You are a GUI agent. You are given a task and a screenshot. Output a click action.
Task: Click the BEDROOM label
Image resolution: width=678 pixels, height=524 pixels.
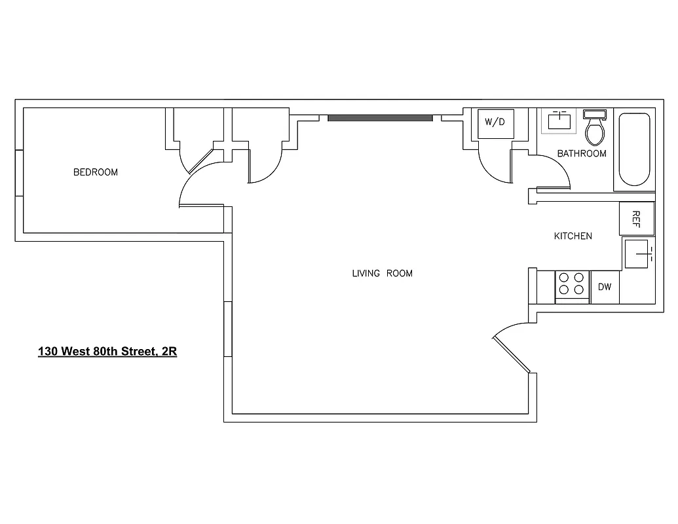pos(96,172)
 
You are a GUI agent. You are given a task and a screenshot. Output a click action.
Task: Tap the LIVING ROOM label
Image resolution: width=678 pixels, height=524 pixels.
pos(383,273)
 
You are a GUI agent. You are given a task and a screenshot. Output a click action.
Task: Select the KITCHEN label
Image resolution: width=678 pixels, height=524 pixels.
pos(573,236)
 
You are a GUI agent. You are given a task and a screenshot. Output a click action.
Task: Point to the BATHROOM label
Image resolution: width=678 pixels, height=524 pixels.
pos(582,153)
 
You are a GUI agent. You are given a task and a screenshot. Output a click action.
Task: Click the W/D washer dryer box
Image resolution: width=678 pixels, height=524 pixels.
pos(495,122)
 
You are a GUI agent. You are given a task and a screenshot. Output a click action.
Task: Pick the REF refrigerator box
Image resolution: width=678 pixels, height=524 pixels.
pos(635,219)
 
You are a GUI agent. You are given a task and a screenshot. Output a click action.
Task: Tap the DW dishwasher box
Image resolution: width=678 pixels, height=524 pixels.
pos(605,287)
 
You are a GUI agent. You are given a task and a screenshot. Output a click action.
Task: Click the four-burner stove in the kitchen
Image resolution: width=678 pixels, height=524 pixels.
pos(571,286)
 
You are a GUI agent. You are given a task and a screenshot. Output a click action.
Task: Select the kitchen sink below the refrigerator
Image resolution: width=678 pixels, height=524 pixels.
pos(637,254)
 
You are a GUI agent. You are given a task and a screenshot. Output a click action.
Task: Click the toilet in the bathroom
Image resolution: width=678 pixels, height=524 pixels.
pos(595,132)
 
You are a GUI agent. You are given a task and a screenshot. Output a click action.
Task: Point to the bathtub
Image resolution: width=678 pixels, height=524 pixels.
pos(634,151)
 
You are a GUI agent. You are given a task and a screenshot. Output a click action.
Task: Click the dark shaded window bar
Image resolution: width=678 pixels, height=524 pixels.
pos(380,118)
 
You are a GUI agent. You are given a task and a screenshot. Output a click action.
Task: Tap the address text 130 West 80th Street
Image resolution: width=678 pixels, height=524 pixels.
pos(107,352)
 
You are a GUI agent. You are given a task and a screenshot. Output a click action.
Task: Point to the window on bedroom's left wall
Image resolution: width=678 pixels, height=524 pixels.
pos(20,173)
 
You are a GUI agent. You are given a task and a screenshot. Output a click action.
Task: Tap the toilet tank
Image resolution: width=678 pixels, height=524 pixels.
pos(595,115)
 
